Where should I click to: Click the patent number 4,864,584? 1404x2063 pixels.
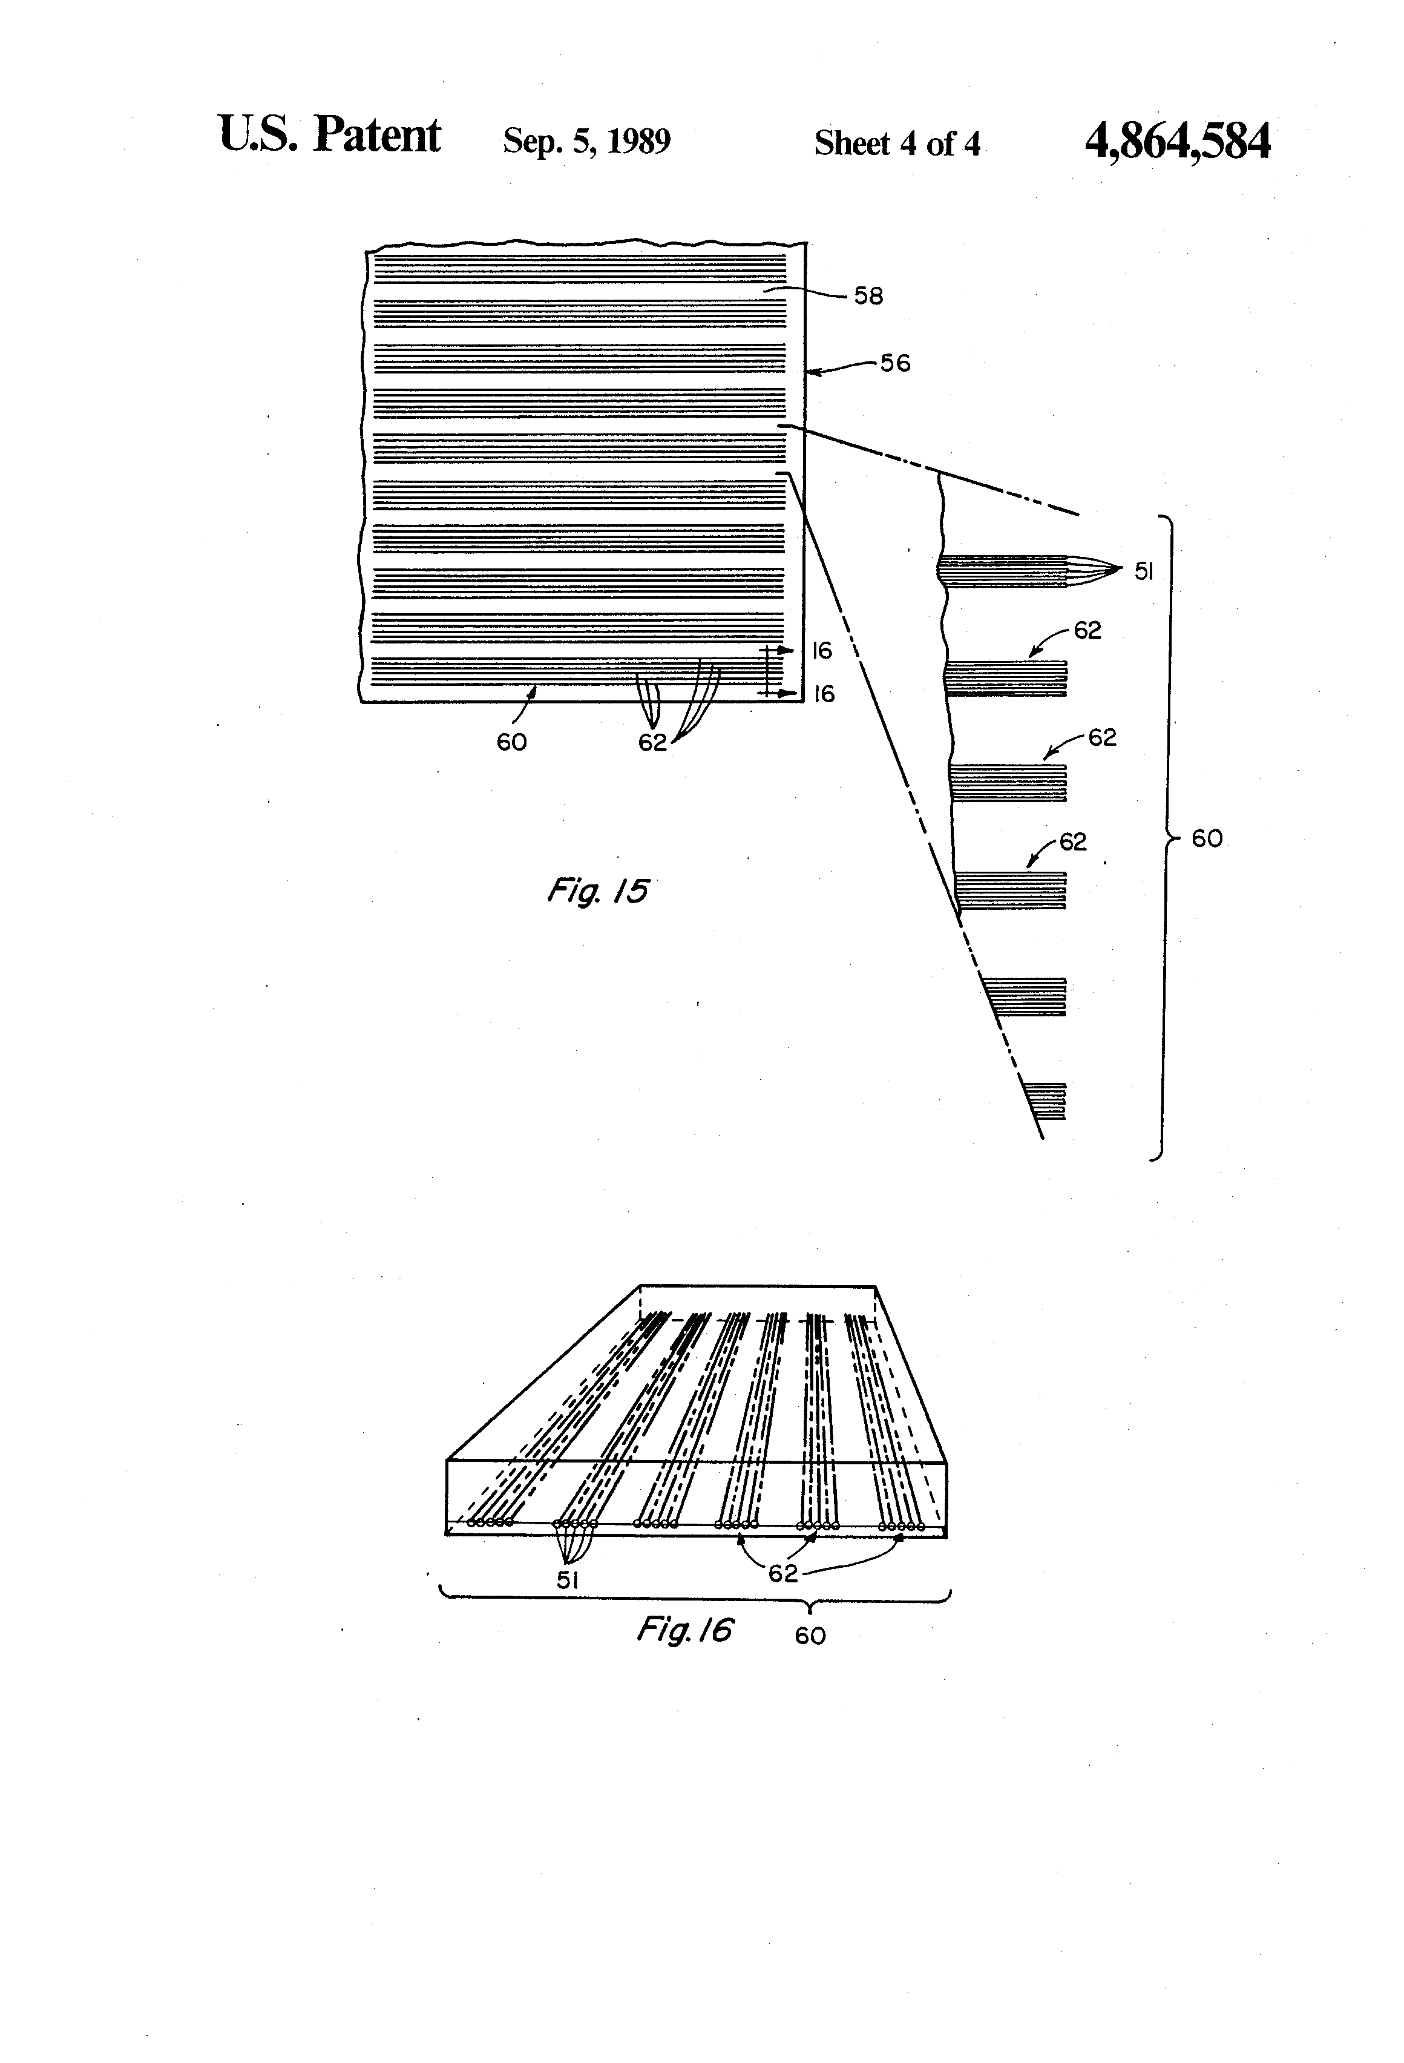[1177, 141]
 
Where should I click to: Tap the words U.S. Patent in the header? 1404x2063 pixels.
[329, 136]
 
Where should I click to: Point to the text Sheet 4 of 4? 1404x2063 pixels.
[897, 143]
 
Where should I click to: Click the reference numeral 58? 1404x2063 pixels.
[868, 297]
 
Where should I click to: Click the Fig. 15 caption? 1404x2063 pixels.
[597, 890]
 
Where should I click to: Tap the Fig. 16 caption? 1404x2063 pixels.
[684, 1629]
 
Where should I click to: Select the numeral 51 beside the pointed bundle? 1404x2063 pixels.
[1143, 573]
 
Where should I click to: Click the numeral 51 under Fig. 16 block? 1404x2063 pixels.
[568, 1579]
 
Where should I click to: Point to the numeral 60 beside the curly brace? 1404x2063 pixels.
[1207, 839]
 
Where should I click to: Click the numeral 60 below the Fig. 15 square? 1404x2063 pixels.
[511, 742]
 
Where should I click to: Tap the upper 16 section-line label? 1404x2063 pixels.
[822, 651]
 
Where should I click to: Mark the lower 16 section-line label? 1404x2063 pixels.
[824, 694]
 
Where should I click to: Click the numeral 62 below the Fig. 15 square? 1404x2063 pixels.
[652, 743]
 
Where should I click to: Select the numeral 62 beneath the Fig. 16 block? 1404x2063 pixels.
[782, 1573]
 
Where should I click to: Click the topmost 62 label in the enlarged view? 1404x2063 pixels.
[1087, 630]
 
